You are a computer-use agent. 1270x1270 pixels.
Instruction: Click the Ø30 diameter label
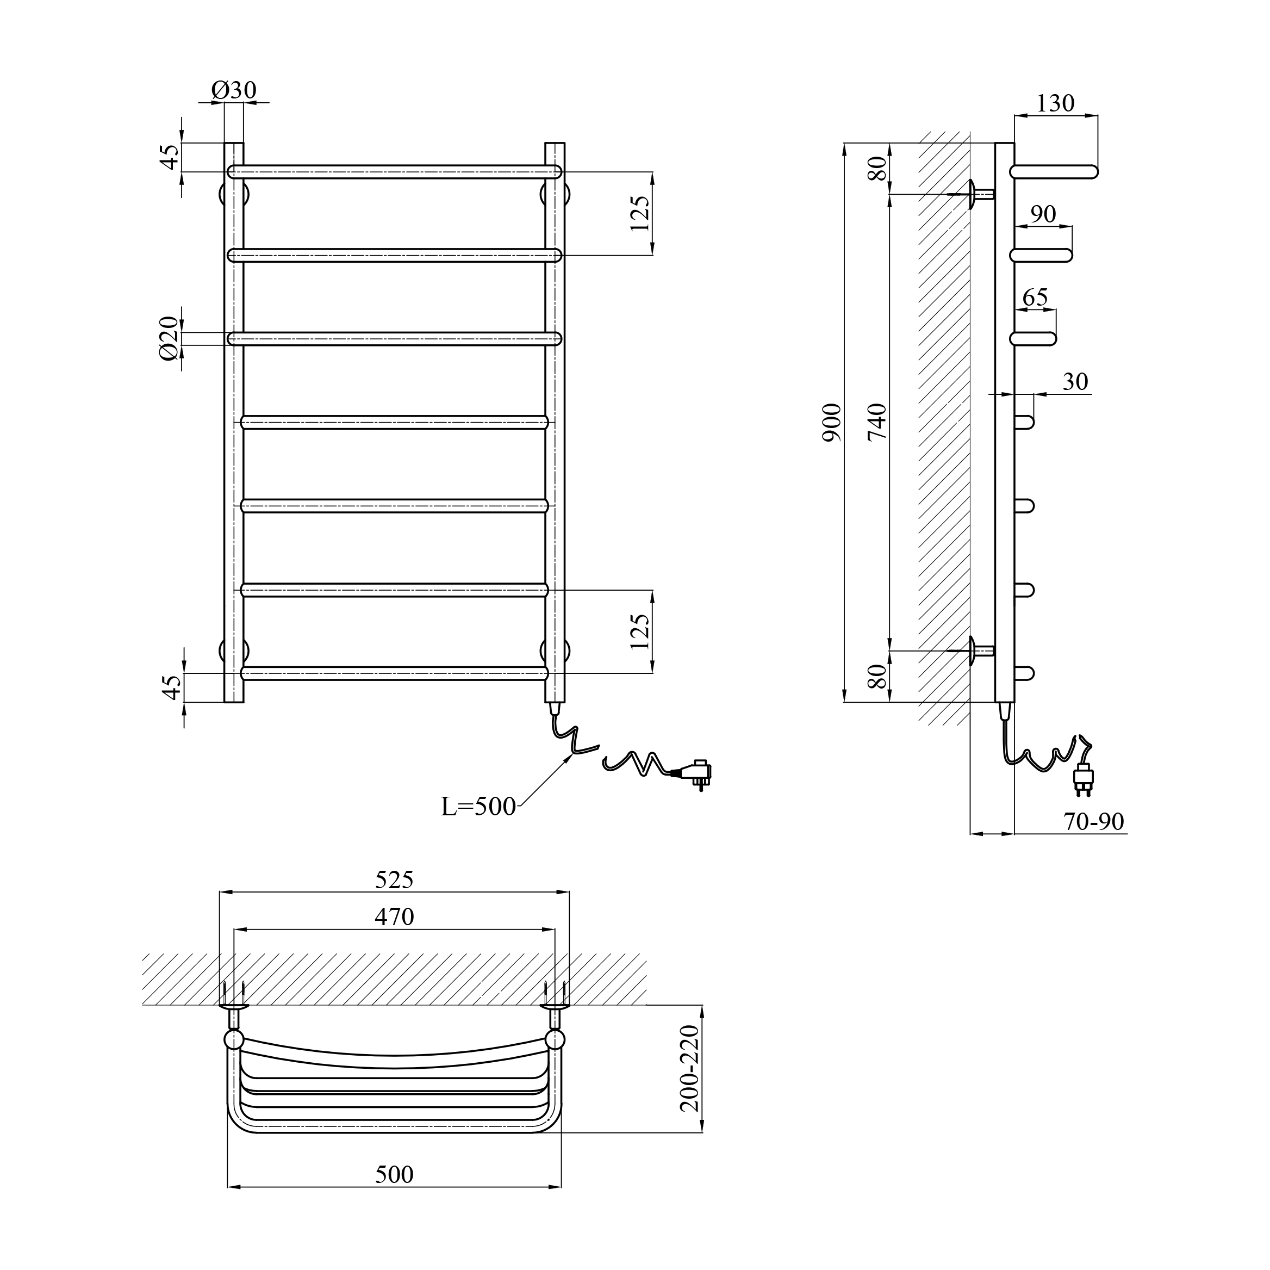coord(234,90)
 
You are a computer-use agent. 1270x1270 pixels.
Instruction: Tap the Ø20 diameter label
coord(169,338)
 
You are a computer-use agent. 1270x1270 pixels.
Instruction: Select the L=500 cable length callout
coord(478,807)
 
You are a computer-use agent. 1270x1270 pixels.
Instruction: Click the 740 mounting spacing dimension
coord(877,422)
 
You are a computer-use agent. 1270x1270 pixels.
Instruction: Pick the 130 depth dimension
coord(1055,103)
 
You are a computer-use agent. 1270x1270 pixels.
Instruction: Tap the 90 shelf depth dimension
coord(1043,214)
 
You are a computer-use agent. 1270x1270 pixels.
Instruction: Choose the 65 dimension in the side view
coord(1035,298)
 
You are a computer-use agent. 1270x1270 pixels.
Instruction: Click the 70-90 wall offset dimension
coord(1094,821)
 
